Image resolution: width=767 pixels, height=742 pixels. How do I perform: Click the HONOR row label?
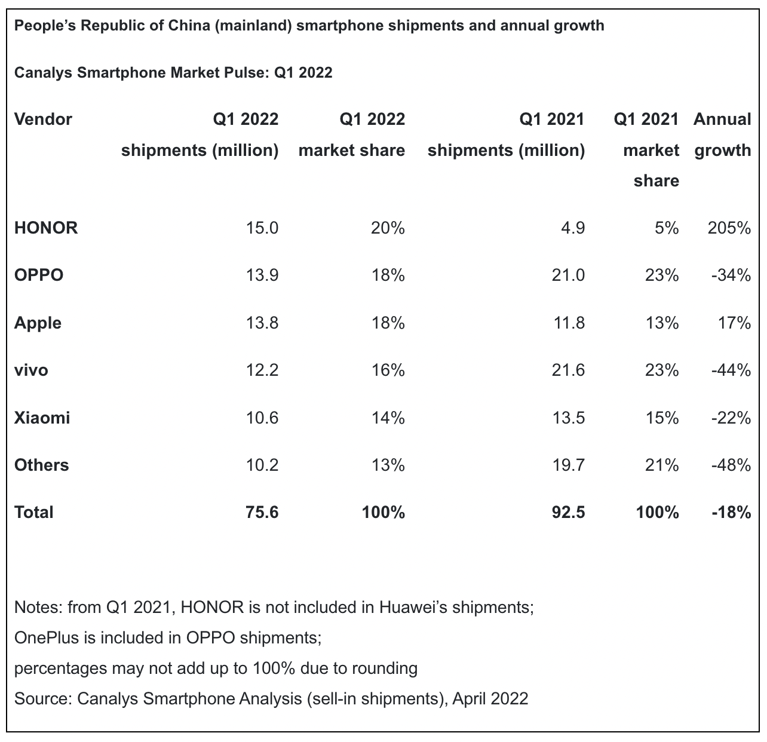click(x=46, y=228)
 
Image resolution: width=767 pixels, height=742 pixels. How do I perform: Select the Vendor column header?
click(x=43, y=119)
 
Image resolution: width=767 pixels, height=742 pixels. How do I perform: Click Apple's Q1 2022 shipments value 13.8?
click(x=262, y=323)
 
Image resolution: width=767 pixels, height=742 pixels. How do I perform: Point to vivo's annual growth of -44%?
click(x=731, y=370)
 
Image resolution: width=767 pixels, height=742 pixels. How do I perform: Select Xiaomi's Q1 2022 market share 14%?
click(x=388, y=417)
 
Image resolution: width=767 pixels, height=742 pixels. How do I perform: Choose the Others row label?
click(x=42, y=465)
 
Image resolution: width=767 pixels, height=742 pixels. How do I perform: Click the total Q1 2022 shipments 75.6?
click(x=262, y=512)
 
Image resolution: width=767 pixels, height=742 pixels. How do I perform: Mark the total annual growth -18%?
click(x=731, y=512)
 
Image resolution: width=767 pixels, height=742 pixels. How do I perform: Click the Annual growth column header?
click(x=722, y=134)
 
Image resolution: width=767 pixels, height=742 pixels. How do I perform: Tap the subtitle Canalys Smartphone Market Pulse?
click(x=141, y=73)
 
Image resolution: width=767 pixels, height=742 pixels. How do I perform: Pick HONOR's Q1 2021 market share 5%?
click(x=665, y=228)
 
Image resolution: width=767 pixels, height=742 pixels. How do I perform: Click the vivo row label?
click(x=31, y=370)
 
